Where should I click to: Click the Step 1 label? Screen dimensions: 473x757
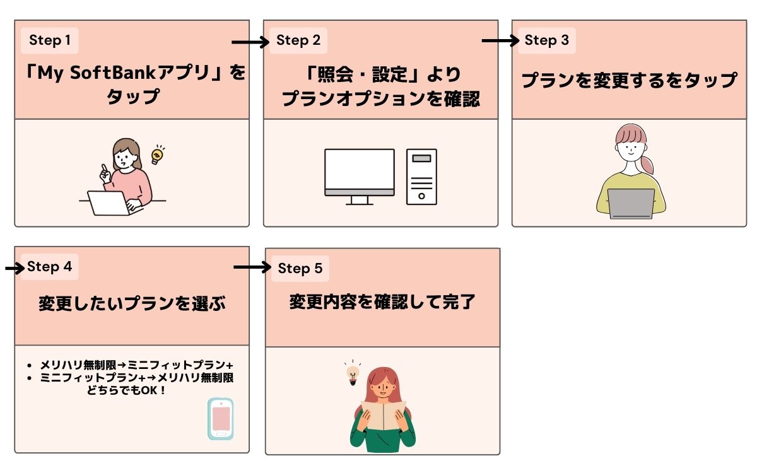(50, 41)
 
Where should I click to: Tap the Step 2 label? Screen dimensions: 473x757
(298, 41)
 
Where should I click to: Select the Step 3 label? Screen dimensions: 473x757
(547, 41)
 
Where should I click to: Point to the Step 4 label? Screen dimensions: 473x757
(50, 267)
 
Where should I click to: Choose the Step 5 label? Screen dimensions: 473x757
(300, 269)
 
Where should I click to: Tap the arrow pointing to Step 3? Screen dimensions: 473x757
(500, 41)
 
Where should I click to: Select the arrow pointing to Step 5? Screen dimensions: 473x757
(252, 267)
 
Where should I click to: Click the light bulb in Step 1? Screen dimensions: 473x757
(157, 155)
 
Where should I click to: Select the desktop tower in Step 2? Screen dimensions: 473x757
(421, 177)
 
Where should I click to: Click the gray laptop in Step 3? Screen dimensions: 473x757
(631, 203)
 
